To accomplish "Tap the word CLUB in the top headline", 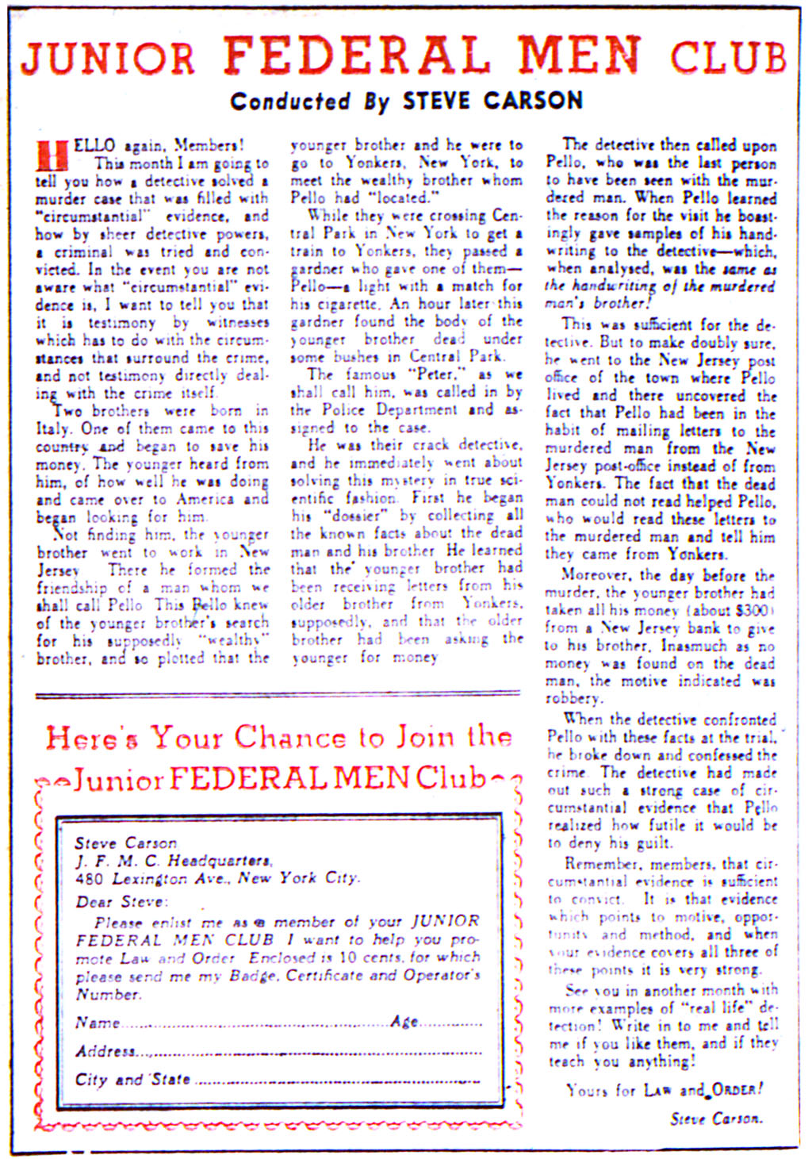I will tap(727, 57).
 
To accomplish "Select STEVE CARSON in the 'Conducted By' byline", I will tap(492, 101).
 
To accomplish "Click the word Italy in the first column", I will tap(52, 428).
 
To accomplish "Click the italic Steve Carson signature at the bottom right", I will tap(715, 1119).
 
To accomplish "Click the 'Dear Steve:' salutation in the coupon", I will tap(121, 902).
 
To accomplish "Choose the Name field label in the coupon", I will tap(97, 1023).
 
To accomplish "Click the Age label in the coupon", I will tap(404, 1022).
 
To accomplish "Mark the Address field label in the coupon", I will tap(105, 1052).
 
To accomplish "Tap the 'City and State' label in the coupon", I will tap(132, 1080).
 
